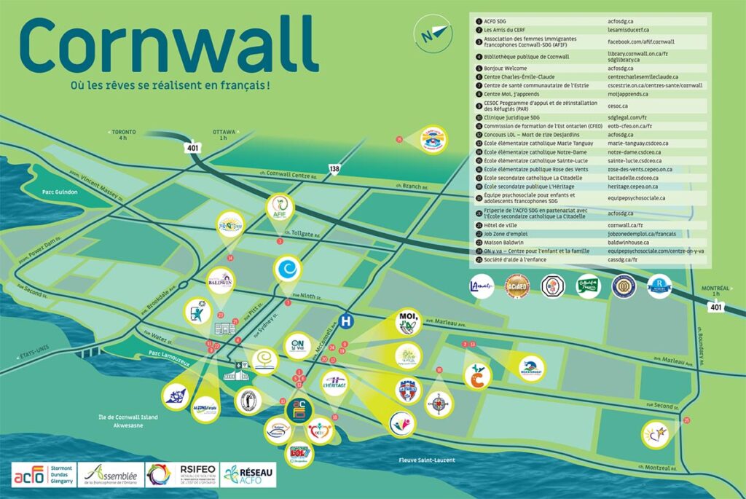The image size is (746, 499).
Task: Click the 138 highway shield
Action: click(x=334, y=169)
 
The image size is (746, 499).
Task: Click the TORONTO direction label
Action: click(x=123, y=133)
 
